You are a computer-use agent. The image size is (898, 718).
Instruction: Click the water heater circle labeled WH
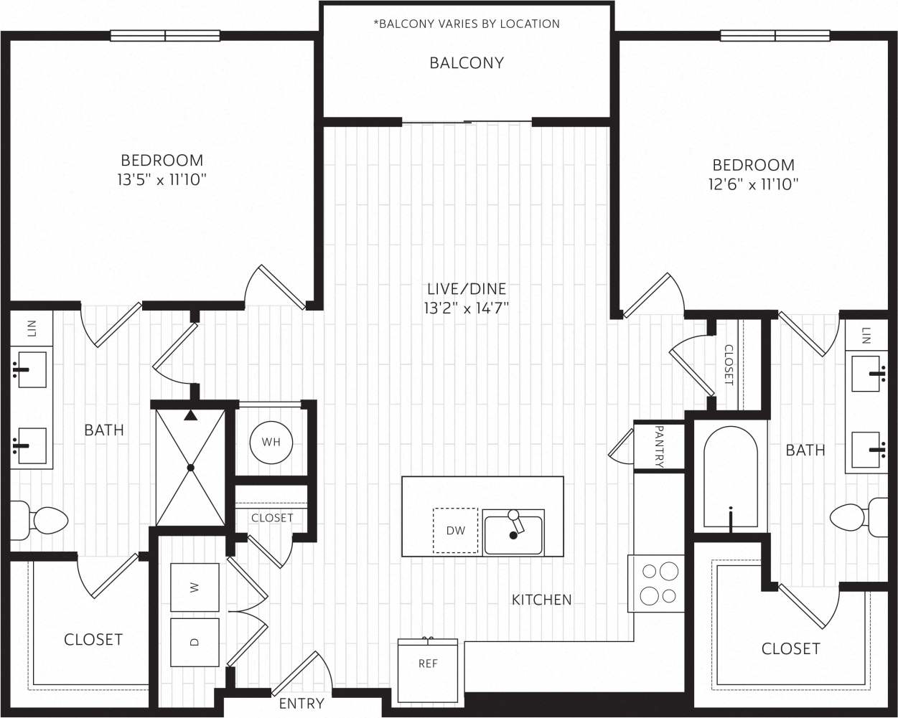271,442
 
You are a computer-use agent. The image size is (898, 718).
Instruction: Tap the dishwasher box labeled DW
455,531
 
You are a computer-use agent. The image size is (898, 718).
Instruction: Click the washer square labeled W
195,587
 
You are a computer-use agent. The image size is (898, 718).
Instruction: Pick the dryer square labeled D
195,642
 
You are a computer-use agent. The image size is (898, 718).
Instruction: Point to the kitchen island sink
513,534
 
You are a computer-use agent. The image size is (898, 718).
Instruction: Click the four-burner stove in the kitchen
656,583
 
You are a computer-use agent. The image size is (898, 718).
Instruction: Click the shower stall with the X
191,468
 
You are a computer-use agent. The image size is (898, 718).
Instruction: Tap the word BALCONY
467,63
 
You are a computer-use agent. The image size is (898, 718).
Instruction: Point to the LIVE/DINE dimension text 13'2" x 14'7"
467,309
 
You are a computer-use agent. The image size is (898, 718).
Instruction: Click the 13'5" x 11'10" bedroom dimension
162,180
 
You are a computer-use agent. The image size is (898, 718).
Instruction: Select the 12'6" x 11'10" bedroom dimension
753,184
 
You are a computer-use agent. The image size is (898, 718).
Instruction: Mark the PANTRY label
659,446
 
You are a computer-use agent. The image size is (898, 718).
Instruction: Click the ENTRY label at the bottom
301,704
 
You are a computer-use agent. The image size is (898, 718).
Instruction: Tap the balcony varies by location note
467,24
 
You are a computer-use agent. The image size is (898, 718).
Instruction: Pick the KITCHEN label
541,600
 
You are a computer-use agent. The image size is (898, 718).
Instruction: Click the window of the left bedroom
165,36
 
